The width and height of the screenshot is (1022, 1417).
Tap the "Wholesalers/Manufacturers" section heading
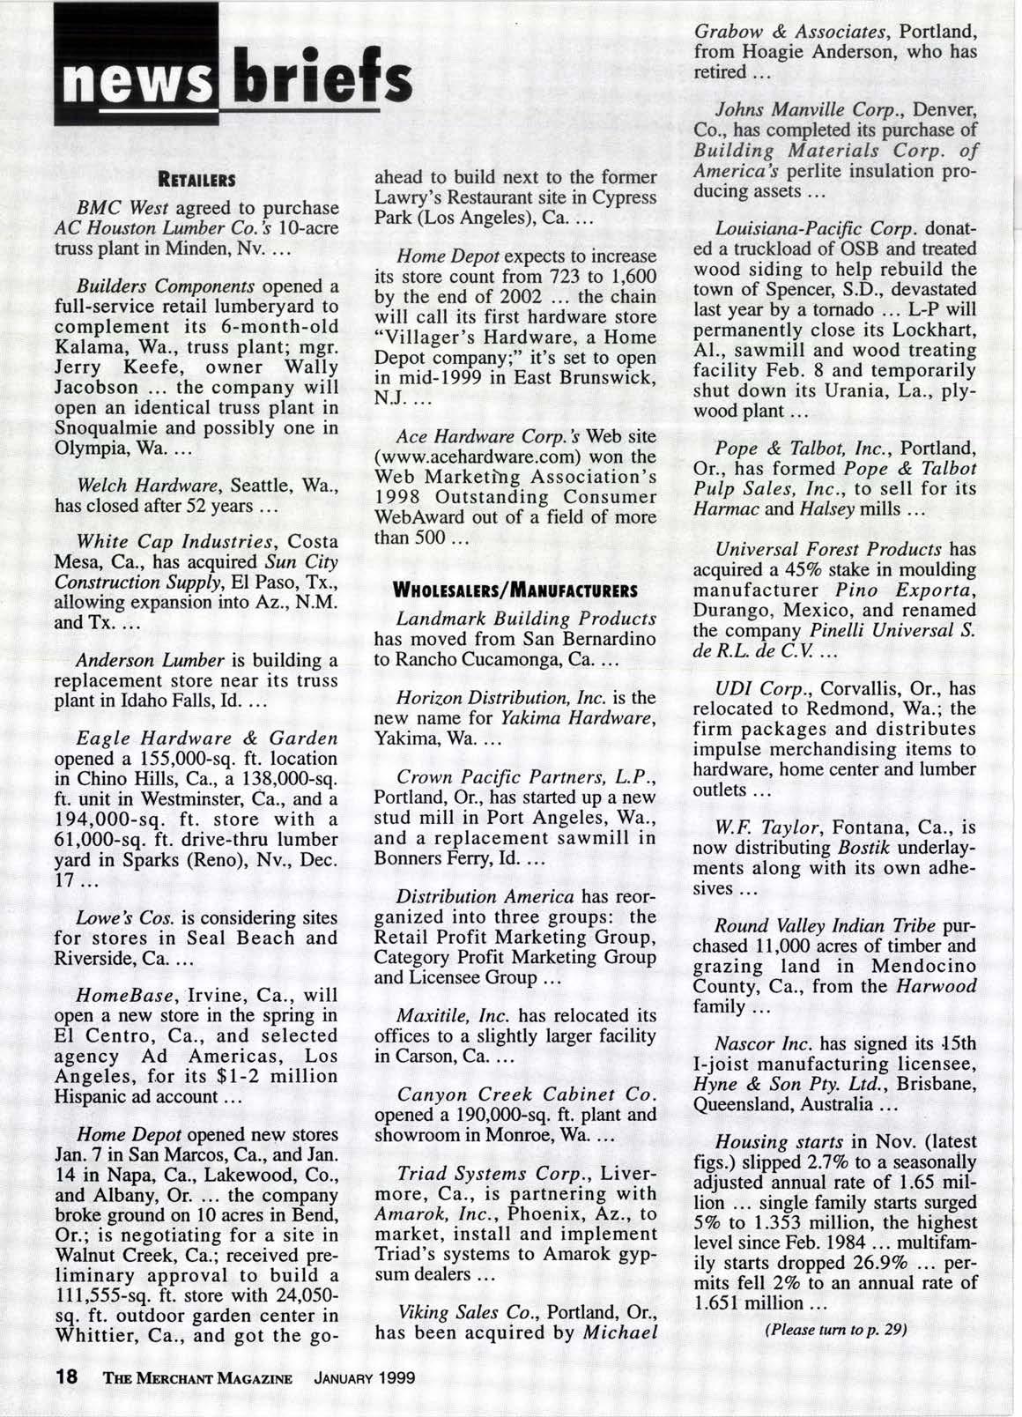coord(515,588)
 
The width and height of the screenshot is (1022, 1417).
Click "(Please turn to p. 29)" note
coord(837,1329)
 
